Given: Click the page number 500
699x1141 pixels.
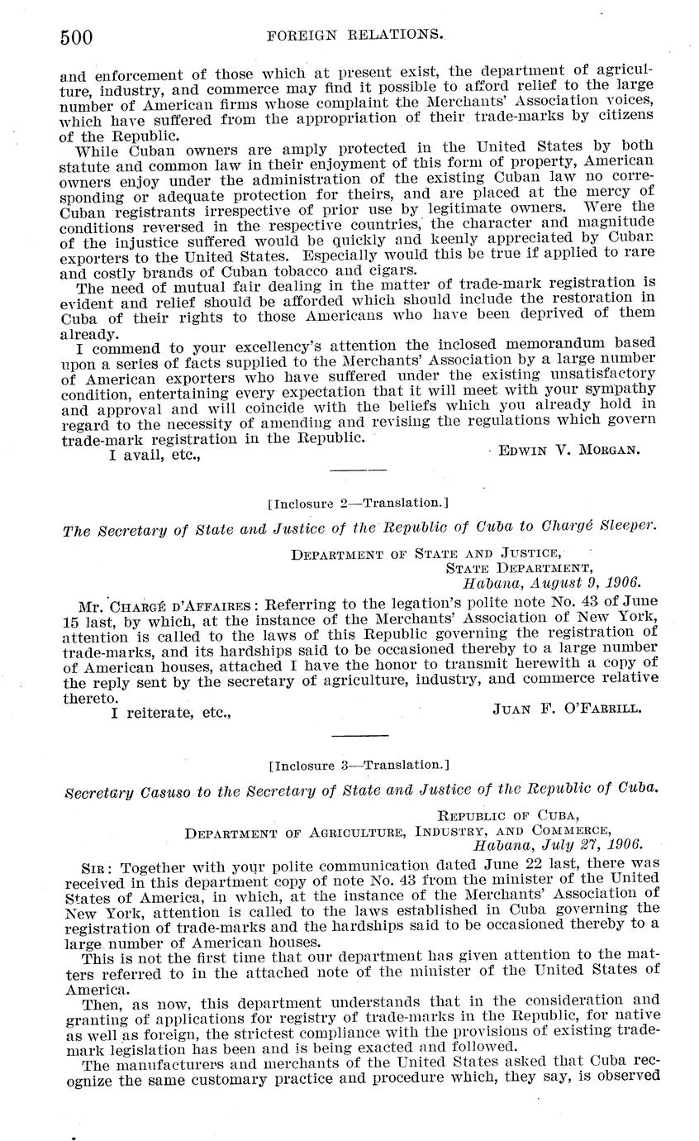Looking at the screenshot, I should tap(75, 36).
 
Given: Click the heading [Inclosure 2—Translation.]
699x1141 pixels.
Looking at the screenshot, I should tap(359, 502).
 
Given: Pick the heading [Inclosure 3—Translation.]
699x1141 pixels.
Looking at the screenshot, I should tap(359, 765).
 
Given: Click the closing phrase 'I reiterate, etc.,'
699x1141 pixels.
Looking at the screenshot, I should tap(170, 710).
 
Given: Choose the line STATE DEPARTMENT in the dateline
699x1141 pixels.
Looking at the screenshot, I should tap(519, 568).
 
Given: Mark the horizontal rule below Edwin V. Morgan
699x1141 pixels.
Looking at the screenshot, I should tap(359, 470).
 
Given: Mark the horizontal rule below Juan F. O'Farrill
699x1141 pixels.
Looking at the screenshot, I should tap(359, 734).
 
